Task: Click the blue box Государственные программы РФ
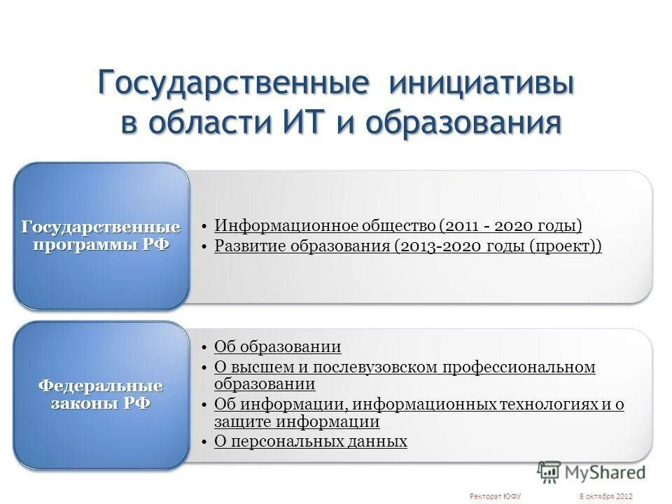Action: tap(101, 237)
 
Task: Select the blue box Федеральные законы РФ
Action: tap(101, 395)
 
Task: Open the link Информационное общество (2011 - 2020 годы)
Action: tap(398, 225)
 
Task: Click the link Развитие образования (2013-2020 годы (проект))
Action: tap(407, 246)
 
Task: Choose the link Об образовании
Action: tap(277, 346)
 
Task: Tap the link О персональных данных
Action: tap(310, 441)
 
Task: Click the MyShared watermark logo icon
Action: tap(549, 472)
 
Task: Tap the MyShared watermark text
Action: tap(605, 472)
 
